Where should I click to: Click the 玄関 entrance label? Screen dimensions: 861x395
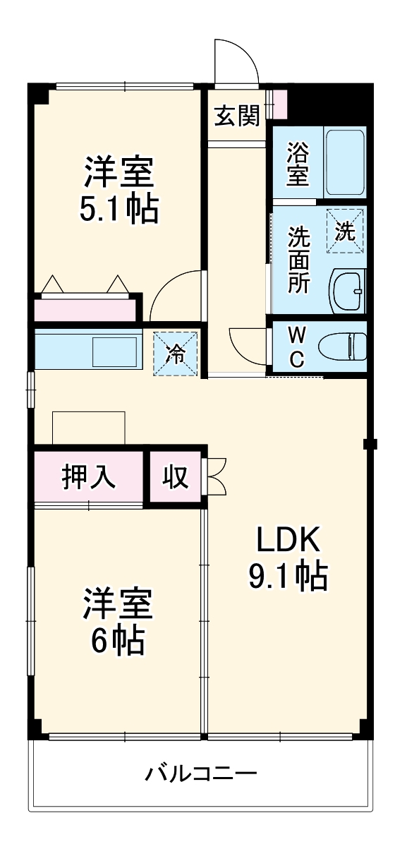point(237,116)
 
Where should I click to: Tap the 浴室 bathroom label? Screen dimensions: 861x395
point(298,164)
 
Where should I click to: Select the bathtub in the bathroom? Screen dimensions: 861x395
point(344,163)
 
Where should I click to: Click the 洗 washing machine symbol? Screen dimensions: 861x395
point(345,231)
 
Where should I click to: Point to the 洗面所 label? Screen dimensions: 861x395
point(298,259)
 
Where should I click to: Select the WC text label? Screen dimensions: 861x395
point(298,347)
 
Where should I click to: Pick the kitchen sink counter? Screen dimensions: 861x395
point(86,351)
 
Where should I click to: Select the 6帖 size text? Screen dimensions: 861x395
point(117,640)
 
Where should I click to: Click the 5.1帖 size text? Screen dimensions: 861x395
point(119,209)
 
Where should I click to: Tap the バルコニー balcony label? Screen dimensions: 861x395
point(201,773)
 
